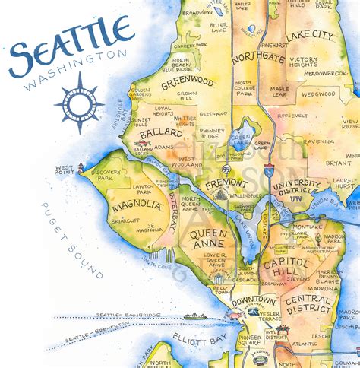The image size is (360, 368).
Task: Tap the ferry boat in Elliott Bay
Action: pyautogui.click(x=194, y=316)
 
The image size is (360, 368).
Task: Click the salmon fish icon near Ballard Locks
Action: pyautogui.click(x=141, y=143)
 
